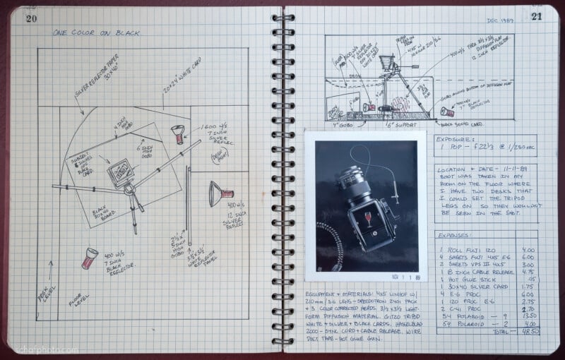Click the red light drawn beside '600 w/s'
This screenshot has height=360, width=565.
click(x=177, y=133)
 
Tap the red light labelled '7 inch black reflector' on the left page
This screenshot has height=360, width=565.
click(x=89, y=258)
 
